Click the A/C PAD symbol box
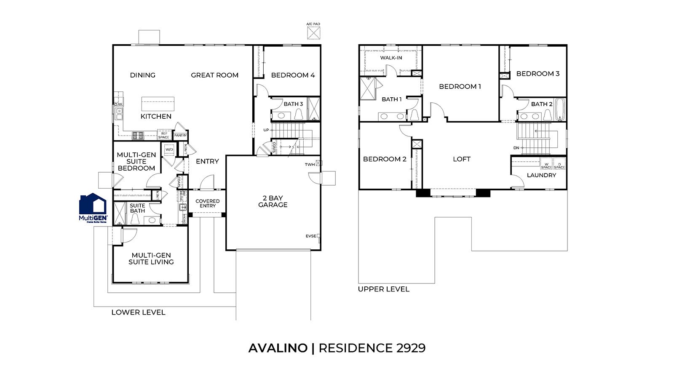[x=313, y=32]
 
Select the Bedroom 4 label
[x=293, y=75]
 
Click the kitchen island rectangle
[x=158, y=104]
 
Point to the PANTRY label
[x=180, y=136]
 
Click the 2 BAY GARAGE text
[x=273, y=201]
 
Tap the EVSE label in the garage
[x=310, y=236]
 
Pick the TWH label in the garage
[x=310, y=164]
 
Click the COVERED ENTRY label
[x=207, y=203]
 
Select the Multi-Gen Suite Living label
[x=151, y=259]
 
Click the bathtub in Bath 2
[x=560, y=109]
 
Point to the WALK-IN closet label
[x=391, y=58]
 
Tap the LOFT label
[x=462, y=159]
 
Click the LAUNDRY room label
[x=541, y=175]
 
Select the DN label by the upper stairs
[x=516, y=148]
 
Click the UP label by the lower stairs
[x=266, y=130]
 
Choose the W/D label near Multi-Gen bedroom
[x=169, y=149]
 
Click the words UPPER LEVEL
[x=383, y=289]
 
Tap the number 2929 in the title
[x=411, y=348]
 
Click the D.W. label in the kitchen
[x=118, y=104]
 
